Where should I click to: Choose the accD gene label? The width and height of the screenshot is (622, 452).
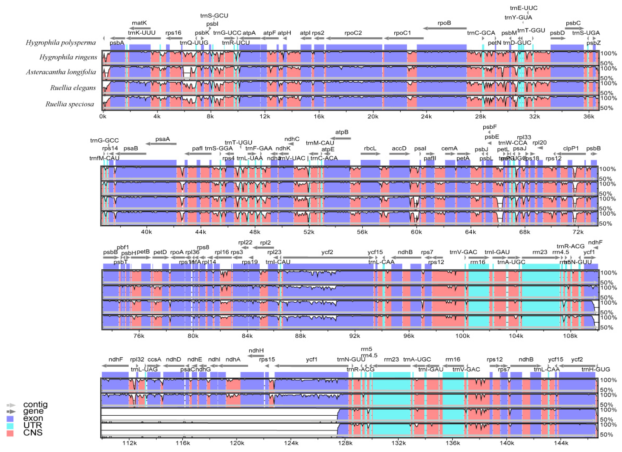[399, 148]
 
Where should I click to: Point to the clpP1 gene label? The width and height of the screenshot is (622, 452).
[571, 148]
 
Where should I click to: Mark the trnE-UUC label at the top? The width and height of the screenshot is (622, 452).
[524, 8]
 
